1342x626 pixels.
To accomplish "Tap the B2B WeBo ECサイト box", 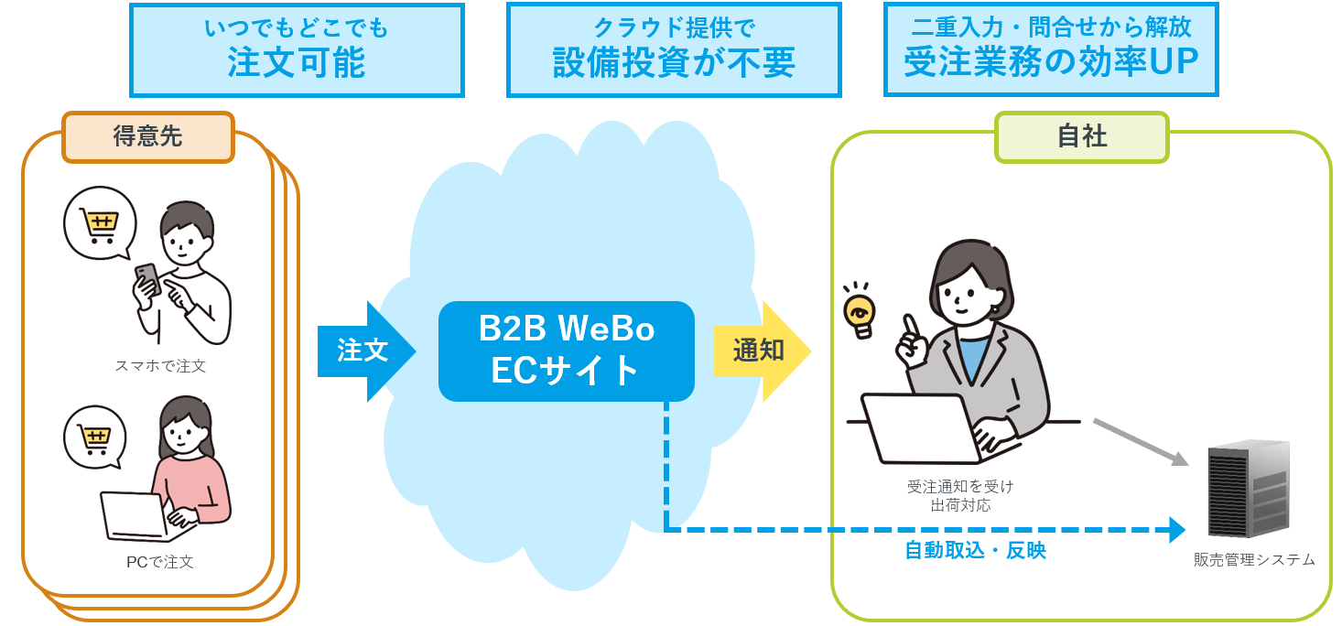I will click(566, 351).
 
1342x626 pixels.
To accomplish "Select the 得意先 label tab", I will click(148, 137).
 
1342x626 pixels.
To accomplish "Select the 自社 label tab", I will click(1081, 137).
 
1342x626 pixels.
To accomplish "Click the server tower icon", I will click(1248, 490).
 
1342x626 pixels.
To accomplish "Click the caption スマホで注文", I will click(160, 366).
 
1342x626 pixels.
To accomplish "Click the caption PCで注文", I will click(160, 562).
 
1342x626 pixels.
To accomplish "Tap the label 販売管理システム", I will click(1254, 559).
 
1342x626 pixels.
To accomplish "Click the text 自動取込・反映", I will click(975, 551).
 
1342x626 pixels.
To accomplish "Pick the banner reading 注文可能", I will click(297, 50).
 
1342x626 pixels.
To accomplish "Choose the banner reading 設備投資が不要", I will click(674, 50).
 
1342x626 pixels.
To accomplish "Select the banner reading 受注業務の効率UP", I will click(1051, 50).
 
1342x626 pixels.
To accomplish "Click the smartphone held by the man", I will click(147, 278).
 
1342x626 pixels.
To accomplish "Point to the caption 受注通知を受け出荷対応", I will click(960, 495).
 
